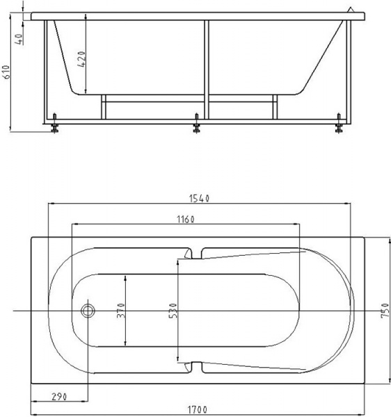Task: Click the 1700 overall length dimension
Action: [x=197, y=409]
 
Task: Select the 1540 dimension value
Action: [x=200, y=198]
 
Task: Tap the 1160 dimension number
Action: [x=186, y=220]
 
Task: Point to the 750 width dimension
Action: [x=385, y=311]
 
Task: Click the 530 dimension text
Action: [x=173, y=311]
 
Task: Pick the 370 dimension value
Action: [x=121, y=311]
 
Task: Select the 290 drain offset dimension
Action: [x=59, y=397]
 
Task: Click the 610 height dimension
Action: [x=6, y=72]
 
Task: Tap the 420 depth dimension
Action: [x=82, y=59]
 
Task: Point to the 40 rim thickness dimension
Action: [x=19, y=39]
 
